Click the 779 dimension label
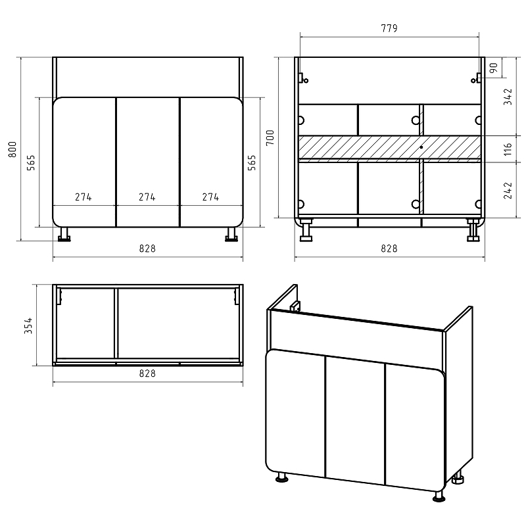coord(389,28)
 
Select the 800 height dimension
coord(12,150)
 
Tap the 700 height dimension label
coord(270,137)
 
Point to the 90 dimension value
coord(494,68)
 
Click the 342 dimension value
coord(508,97)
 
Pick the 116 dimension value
coord(508,149)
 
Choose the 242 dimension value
coord(508,190)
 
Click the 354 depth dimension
coord(28,325)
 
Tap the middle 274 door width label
coord(147,197)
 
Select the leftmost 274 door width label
coord(84,197)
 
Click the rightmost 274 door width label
coord(210,197)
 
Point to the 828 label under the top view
coord(147,373)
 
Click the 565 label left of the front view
coord(31,162)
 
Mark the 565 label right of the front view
coord(252,162)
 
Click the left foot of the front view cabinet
coord(64,235)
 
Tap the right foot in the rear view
coord(473,231)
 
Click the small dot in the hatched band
coord(421,147)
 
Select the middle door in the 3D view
coord(355,420)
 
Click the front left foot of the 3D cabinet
coord(282,477)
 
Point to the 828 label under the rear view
coord(389,249)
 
